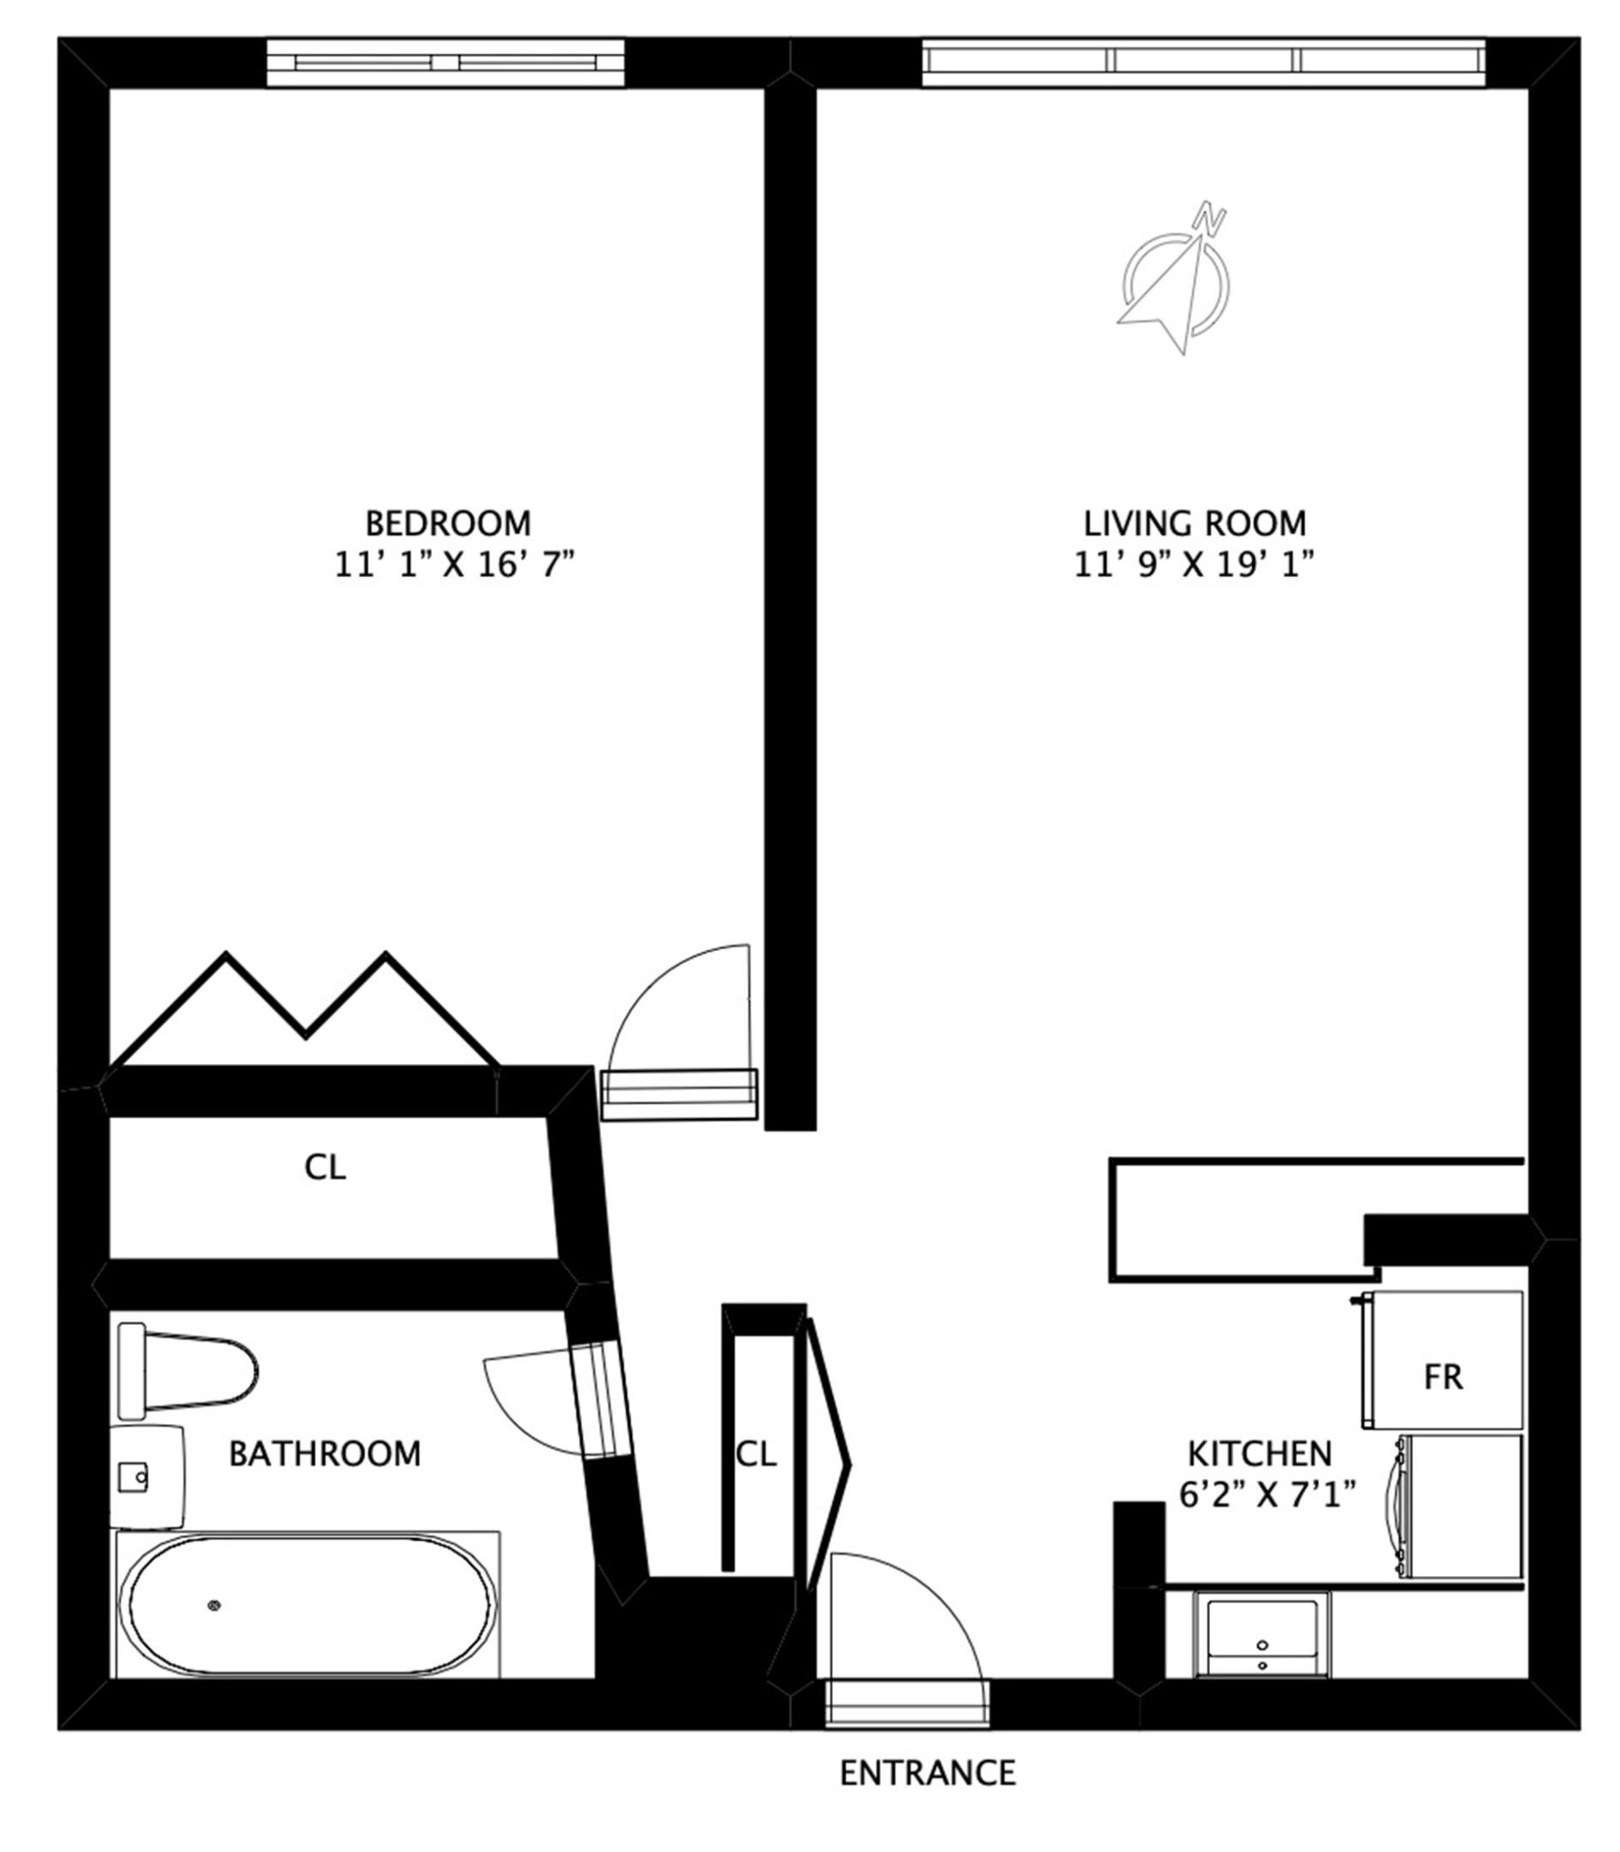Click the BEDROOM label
pos(448,523)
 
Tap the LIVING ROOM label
pos(1195,523)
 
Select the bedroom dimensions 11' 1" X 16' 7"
pos(455,566)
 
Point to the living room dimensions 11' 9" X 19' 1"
pos(1193,566)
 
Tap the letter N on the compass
pos(1209,218)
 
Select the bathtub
pos(307,1605)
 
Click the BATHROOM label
pos(324,1453)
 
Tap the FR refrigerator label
pos(1442,1377)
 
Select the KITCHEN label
pos(1259,1454)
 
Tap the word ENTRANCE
pos(928,1773)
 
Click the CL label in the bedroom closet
pos(325,1168)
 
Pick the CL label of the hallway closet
pos(756,1454)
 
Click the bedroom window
pos(445,63)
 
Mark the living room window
pos(1203,63)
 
